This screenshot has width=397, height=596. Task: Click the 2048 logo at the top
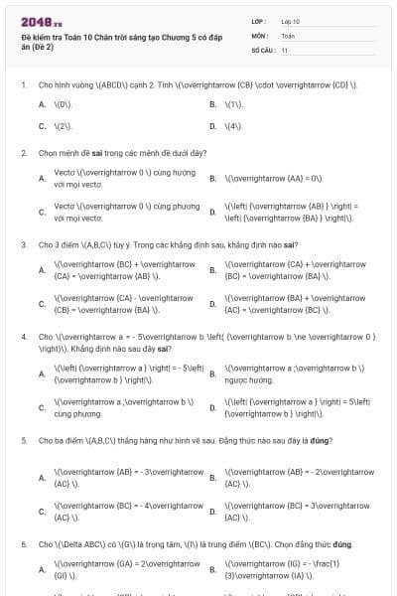point(36,22)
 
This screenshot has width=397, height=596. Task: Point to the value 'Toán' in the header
point(288,35)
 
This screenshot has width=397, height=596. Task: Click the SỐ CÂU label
point(261,49)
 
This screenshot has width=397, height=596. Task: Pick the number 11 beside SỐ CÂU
point(285,49)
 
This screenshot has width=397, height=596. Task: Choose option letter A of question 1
point(42,104)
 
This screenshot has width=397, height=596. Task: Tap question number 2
point(23,153)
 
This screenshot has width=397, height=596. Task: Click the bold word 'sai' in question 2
point(100,153)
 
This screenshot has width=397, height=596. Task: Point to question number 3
point(23,243)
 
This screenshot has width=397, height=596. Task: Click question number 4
point(23,336)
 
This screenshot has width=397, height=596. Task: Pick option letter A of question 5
point(42,477)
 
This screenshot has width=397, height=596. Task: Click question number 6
point(23,544)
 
